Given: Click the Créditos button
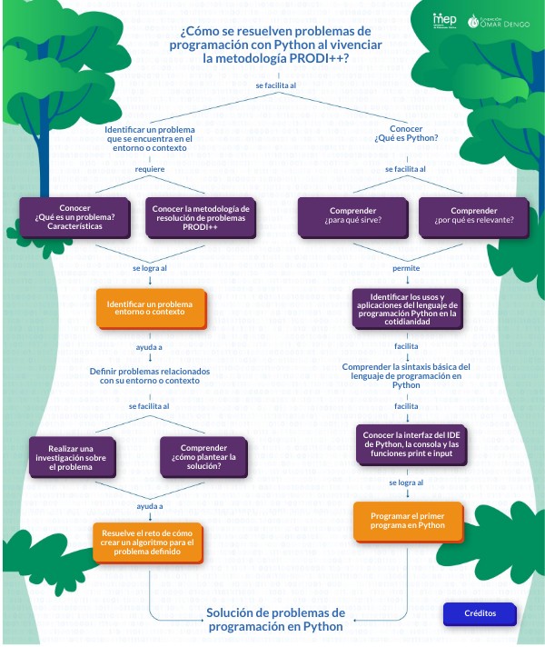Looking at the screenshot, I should click(x=480, y=613).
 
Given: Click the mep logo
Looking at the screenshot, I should click(x=445, y=20).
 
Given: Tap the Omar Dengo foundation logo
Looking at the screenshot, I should click(x=500, y=21).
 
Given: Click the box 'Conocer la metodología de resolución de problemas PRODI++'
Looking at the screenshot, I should click(x=200, y=216).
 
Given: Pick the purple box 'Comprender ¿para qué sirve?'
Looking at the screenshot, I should click(x=352, y=216).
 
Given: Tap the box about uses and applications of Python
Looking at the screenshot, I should click(x=406, y=308).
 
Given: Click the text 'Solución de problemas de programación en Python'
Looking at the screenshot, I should click(x=276, y=619).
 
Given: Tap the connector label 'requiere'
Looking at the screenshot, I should click(x=150, y=169).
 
